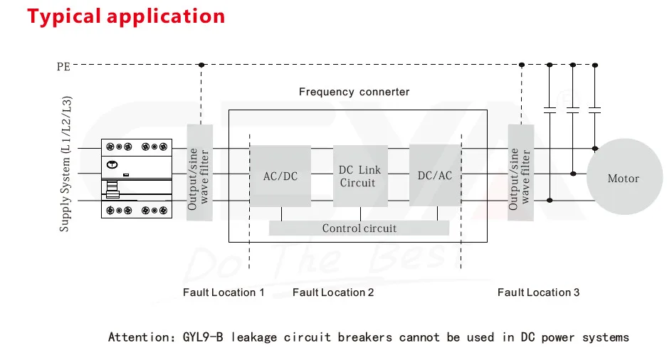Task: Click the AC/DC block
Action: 280,176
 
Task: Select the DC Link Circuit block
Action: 360,176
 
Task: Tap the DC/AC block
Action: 435,175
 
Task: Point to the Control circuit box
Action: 359,228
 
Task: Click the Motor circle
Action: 624,177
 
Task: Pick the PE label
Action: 63,67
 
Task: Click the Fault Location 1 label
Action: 224,292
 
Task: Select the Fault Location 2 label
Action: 333,292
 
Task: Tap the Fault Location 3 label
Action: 539,292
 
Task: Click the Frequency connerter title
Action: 354,92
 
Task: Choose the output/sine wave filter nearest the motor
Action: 520,173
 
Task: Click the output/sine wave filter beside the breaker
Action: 199,173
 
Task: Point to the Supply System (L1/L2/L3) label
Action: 65,164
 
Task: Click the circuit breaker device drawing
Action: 137,179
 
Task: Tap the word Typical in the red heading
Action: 64,16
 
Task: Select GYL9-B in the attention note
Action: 203,337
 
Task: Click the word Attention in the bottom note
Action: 139,337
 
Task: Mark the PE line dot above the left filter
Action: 201,65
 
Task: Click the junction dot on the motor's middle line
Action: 573,174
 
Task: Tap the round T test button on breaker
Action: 112,164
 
